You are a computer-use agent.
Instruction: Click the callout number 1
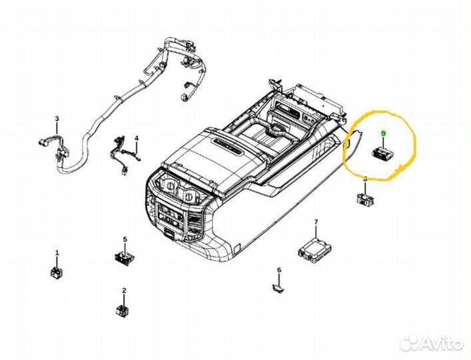pos(57,253)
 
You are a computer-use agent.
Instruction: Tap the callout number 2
pos(124,291)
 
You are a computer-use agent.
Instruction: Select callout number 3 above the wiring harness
pos(57,119)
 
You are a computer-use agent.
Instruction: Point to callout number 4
pos(136,139)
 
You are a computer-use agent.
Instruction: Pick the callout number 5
pos(124,239)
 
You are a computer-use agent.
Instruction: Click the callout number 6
pos(279,270)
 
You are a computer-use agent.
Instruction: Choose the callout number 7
pos(316,221)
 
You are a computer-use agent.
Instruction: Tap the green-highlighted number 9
pos(382,134)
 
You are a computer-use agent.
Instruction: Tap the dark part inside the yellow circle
pos(382,153)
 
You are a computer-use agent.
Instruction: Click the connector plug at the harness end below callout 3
pos(43,142)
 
